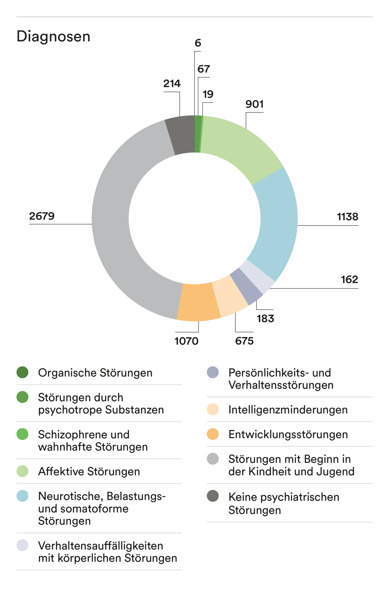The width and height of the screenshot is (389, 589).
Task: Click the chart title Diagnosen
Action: [53, 36]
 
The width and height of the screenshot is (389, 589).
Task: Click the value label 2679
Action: [42, 216]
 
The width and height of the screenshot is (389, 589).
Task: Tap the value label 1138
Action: [348, 217]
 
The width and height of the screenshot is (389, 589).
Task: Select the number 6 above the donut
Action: [198, 43]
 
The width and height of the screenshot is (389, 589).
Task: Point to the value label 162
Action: [349, 280]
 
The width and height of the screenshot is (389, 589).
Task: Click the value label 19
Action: [208, 94]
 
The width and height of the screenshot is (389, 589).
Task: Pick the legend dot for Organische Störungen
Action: [22, 372]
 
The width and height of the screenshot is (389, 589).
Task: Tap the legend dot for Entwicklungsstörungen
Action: [213, 434]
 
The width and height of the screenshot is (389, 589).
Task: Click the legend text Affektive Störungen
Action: [89, 471]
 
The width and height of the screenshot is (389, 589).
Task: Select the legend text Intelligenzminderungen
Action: [288, 410]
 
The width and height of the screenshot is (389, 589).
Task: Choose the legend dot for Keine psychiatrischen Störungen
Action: [213, 496]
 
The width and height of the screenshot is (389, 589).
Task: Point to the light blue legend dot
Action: [22, 496]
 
